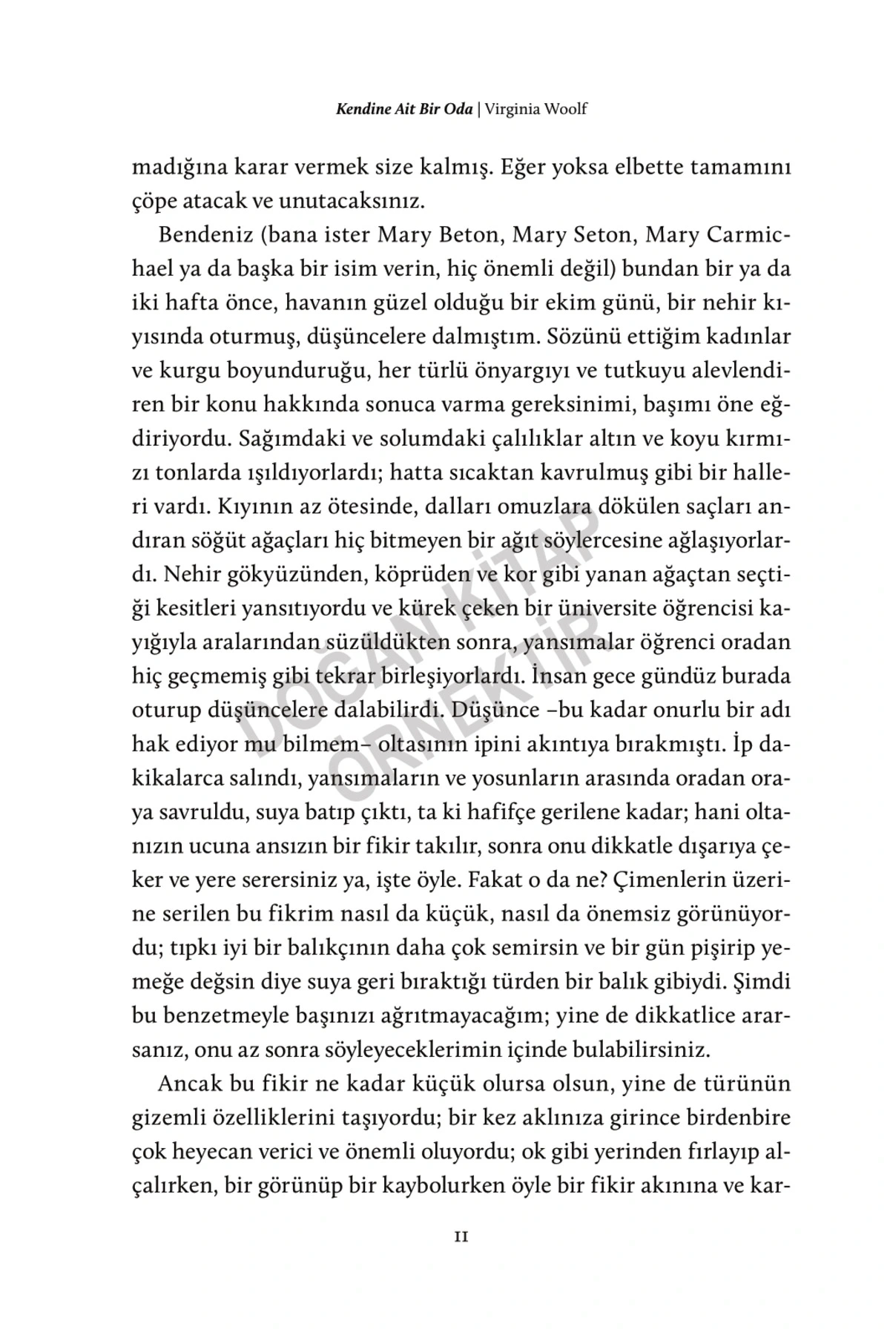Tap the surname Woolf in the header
pyautogui.click(x=567, y=109)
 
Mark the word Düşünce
pyautogui.click(x=489, y=711)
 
